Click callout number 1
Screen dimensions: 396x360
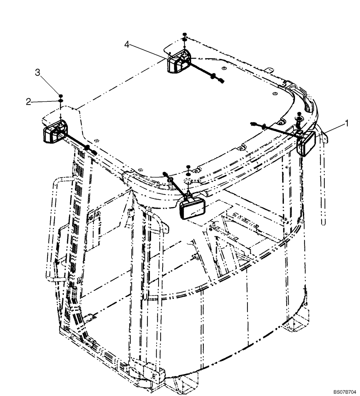click(347, 124)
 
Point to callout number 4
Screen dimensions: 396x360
click(127, 45)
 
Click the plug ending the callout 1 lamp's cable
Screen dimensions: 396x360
click(252, 124)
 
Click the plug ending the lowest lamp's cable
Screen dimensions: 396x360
click(164, 173)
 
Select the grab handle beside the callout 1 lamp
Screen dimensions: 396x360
click(324, 178)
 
